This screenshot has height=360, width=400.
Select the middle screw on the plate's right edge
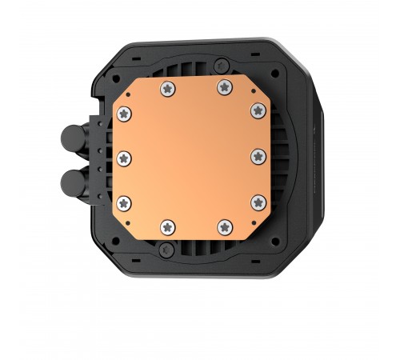256,153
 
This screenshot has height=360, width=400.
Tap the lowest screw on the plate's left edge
125,201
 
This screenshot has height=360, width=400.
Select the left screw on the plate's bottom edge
167,225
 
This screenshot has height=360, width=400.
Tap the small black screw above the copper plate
194,66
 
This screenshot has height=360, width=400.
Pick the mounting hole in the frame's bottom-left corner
110,238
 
